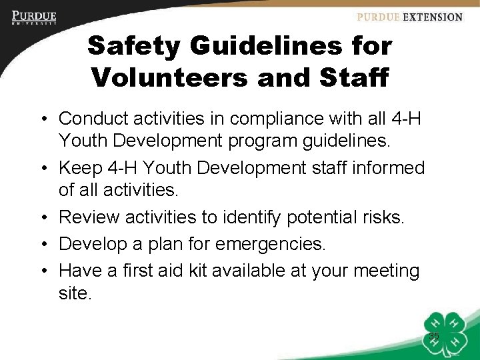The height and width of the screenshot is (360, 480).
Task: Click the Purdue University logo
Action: pos(33,18)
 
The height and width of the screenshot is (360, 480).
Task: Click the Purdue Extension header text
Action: pos(409,17)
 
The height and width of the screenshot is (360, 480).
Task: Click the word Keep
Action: pos(78,168)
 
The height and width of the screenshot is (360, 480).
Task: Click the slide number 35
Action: pos(434,337)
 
